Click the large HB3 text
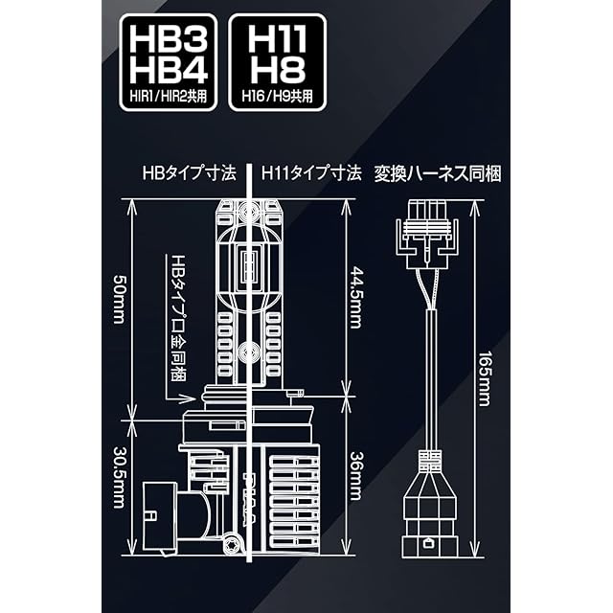(169, 38)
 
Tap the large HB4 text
(169, 70)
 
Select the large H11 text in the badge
(277, 38)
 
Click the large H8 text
(277, 70)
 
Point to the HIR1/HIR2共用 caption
(169, 97)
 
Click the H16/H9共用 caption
(277, 97)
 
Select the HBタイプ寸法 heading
(190, 173)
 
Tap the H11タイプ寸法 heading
(311, 173)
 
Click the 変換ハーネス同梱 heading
(438, 173)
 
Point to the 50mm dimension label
(119, 299)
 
